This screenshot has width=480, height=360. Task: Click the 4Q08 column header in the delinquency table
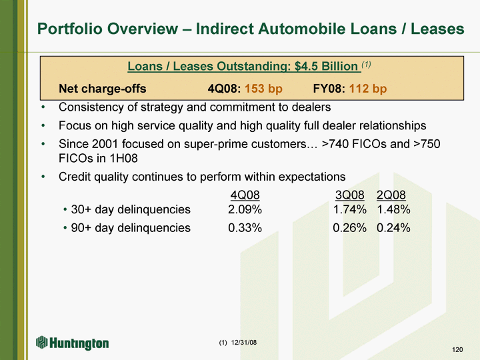click(x=245, y=195)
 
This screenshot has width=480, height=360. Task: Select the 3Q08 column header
click(x=350, y=195)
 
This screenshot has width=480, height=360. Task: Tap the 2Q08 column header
click(x=391, y=195)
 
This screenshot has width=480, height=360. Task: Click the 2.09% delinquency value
click(x=245, y=209)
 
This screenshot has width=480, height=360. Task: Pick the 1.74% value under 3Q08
click(x=350, y=209)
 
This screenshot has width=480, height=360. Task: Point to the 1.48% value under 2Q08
click(x=394, y=209)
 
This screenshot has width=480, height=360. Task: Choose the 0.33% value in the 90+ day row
click(x=245, y=228)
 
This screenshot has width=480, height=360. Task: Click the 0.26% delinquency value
click(x=350, y=228)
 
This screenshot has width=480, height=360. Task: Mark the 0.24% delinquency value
click(x=394, y=228)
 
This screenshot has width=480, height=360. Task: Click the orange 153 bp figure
click(x=263, y=89)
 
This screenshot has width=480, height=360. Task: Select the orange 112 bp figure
click(x=368, y=89)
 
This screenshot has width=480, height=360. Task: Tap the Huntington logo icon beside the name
click(x=42, y=342)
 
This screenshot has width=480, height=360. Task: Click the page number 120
click(x=457, y=349)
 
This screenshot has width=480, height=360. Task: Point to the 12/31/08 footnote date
click(x=244, y=342)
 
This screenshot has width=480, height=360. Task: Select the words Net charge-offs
click(x=103, y=89)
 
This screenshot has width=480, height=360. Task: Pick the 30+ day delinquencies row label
click(x=131, y=209)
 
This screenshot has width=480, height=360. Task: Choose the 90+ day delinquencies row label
click(x=131, y=228)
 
